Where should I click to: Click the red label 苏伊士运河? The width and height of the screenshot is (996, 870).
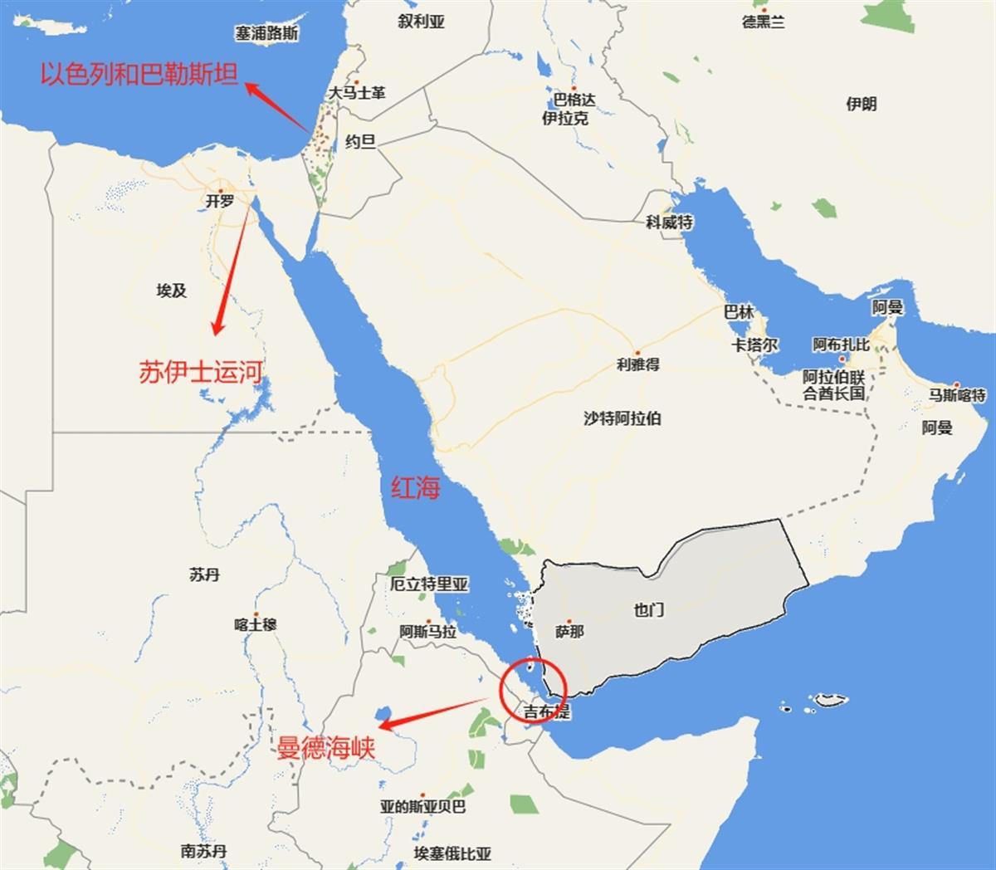[x=200, y=372]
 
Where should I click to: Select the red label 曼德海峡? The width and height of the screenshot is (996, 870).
[x=326, y=748]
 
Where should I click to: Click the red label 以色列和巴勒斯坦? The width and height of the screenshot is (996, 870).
[x=139, y=74]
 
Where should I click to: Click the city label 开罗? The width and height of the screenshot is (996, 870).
[x=220, y=201]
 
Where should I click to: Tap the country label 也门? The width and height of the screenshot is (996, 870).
[x=648, y=610]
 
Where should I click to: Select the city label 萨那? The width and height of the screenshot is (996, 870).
[x=569, y=632]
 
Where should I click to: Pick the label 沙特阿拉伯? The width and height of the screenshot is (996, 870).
[x=622, y=418]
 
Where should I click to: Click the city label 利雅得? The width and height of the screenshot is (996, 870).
[x=638, y=364]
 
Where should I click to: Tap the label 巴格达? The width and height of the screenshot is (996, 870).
[x=574, y=100]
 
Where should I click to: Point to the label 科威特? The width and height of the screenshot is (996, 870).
[x=669, y=222]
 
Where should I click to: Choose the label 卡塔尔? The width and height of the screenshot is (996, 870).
[x=754, y=344]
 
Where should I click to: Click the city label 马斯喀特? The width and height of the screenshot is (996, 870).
[x=957, y=395]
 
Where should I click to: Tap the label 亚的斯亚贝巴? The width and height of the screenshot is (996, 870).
[x=422, y=806]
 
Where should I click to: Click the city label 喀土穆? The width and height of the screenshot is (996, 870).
[x=255, y=624]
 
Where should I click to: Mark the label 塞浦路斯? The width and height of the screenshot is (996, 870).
[x=266, y=33]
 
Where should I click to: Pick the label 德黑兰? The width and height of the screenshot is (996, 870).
[x=763, y=22]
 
